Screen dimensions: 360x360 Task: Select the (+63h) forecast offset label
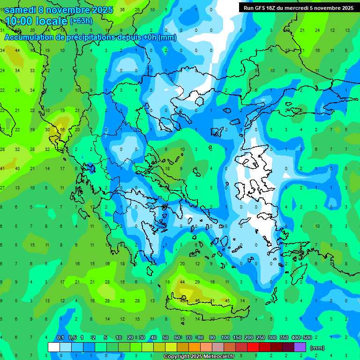pyautogui.click(x=81, y=21)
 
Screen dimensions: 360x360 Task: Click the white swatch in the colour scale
pyautogui.click(x=54, y=347)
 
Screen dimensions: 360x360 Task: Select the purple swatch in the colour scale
pyautogui.click(x=300, y=347)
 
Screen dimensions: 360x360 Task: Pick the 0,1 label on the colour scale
pyautogui.click(x=60, y=338)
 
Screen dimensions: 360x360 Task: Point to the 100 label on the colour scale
pyautogui.click(x=225, y=338)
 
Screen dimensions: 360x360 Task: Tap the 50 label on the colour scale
pyautogui.click(x=165, y=338)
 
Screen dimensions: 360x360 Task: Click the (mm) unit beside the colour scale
pyautogui.click(x=317, y=348)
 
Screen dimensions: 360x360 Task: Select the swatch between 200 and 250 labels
pyautogui.click(x=254, y=347)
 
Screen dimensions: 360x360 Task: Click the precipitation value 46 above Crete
pyautogui.click(x=197, y=300)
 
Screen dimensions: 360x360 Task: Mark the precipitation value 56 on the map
pyautogui.click(x=62, y=130)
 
